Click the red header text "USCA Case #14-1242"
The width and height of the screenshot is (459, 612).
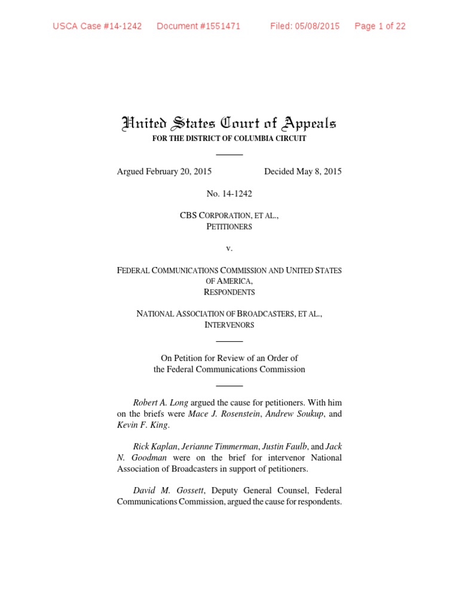97,26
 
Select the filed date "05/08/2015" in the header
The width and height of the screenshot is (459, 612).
317,26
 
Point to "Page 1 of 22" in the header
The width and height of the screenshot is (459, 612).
380,26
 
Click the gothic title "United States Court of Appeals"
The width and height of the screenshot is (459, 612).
229,124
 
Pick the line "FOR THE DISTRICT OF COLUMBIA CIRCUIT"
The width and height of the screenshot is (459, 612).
229,139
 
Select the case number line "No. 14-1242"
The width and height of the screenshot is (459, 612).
229,194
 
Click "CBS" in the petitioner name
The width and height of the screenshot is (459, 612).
189,216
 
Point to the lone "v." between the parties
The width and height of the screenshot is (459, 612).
229,249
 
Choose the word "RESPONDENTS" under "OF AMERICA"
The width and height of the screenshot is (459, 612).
229,292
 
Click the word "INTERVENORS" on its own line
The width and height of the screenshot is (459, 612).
229,325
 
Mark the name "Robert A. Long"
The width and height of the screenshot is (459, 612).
160,403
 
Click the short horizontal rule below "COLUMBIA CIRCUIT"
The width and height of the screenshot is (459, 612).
229,155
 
